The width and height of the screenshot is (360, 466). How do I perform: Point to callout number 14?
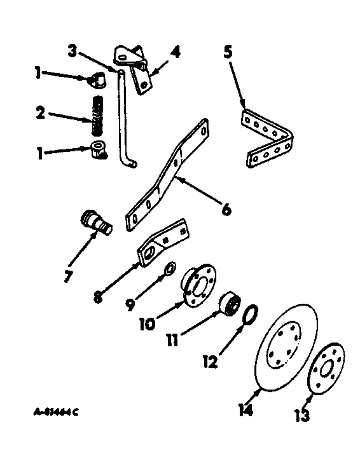[246, 410]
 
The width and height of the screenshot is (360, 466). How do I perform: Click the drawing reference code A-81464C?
[55, 411]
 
